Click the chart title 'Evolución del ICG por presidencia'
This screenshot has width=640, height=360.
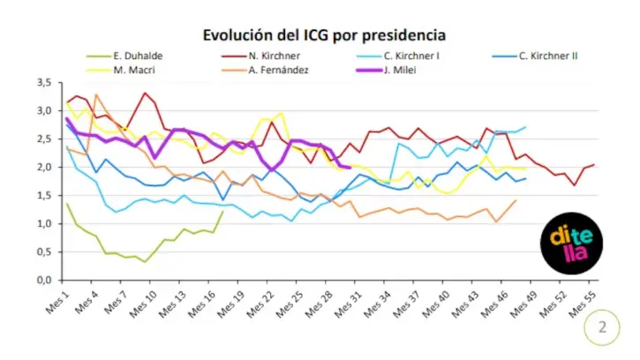[x=324, y=35]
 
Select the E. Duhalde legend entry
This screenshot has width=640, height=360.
[x=124, y=56]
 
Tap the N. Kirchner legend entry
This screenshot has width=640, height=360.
[x=260, y=56]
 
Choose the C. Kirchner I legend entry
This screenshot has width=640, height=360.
[x=398, y=56]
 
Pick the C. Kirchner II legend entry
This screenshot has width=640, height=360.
[x=535, y=56]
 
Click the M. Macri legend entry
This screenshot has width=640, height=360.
[x=121, y=71]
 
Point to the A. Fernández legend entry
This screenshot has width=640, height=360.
[x=266, y=71]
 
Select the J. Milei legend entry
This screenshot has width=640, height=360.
[x=387, y=71]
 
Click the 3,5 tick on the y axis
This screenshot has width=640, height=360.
[x=44, y=82]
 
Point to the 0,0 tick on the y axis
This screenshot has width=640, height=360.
[x=44, y=281]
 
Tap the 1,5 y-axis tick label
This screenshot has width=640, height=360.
[x=44, y=196]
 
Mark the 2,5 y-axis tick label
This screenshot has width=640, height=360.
[x=44, y=139]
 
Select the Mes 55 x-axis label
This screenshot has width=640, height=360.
[x=582, y=304]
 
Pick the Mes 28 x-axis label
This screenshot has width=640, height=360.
[x=319, y=304]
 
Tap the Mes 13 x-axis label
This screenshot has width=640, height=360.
[x=172, y=304]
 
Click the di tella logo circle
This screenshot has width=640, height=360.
[x=571, y=244]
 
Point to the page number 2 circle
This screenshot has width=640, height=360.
[x=602, y=327]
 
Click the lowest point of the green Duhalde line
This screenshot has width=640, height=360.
[x=145, y=262]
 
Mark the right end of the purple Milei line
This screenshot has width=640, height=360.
[x=350, y=168]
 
